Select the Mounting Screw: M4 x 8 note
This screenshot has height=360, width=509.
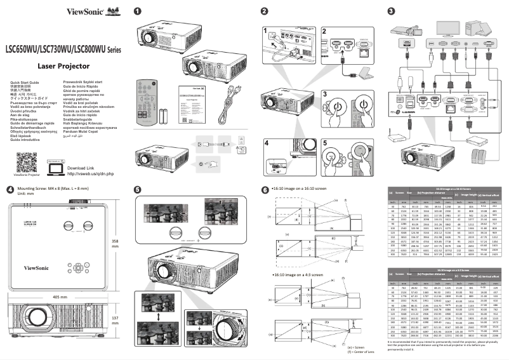click(47, 189)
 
